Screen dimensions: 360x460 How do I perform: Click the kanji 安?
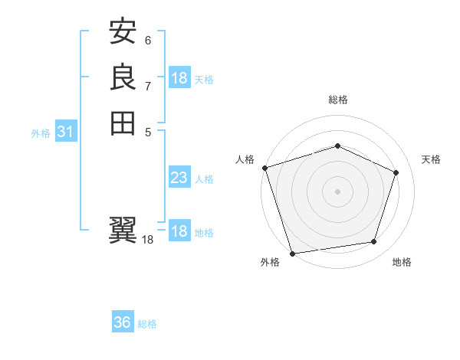tap(123, 32)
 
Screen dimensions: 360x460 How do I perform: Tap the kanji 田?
tap(123, 123)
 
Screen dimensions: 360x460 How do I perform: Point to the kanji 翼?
tap(123, 229)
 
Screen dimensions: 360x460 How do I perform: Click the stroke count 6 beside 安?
tap(148, 41)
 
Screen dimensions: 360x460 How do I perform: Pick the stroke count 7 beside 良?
tap(148, 86)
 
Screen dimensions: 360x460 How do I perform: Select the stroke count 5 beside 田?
tap(148, 131)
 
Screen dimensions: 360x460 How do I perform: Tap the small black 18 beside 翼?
tap(148, 240)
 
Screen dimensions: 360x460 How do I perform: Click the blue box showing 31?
tap(66, 133)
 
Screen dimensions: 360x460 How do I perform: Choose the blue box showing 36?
tap(123, 322)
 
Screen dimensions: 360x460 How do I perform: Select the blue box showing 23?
tap(179, 178)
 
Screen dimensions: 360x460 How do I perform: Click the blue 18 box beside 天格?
tap(179, 78)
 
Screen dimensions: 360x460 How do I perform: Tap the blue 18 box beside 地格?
tap(179, 231)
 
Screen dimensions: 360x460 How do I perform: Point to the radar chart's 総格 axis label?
tap(337, 100)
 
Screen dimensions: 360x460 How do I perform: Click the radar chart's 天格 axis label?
tap(431, 159)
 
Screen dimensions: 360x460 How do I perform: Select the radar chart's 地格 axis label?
tap(402, 262)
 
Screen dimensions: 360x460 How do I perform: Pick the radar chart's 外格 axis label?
tap(270, 262)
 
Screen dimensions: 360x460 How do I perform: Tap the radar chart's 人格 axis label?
tap(245, 159)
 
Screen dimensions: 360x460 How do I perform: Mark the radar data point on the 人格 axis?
tap(264, 168)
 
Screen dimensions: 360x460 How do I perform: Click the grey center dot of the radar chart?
tap(337, 191)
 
